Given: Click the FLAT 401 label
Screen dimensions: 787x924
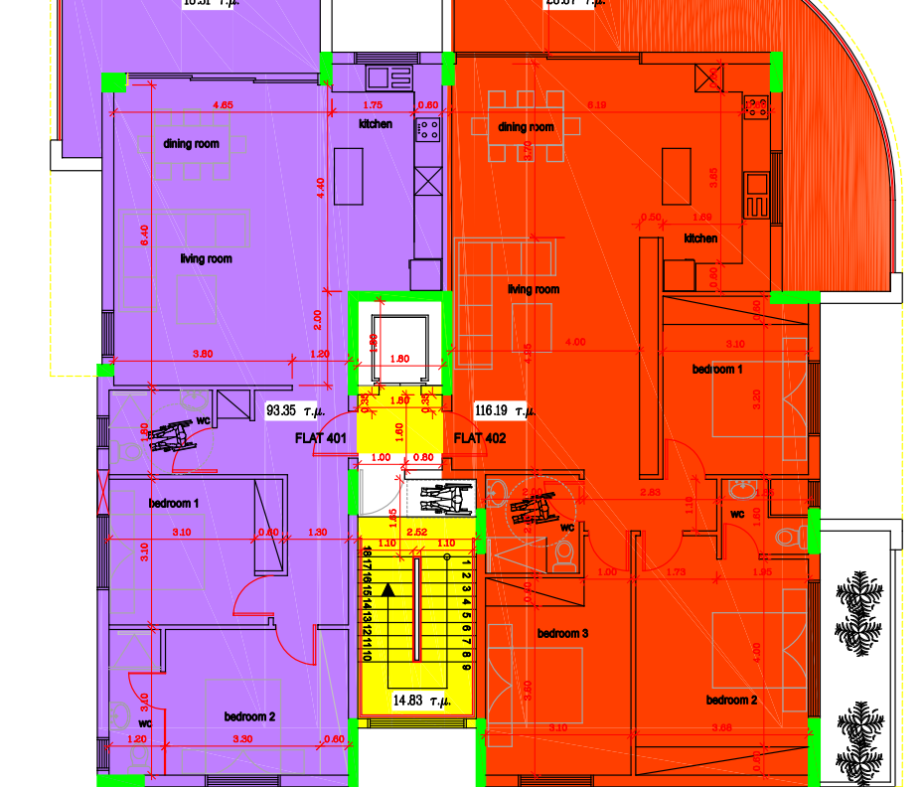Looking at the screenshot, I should pos(321,438).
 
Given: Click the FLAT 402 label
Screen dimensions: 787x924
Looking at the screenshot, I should pos(481,438).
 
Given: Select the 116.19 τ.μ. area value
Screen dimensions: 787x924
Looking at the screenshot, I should pos(507,409).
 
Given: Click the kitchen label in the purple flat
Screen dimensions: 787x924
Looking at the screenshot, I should pos(376,125).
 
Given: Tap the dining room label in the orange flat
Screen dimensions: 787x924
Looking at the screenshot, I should pos(526,127).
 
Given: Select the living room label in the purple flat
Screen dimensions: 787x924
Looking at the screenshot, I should pos(206,259).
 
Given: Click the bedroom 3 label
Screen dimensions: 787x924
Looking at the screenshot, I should pos(563,633).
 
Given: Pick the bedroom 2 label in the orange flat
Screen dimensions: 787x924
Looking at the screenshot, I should pos(732,701).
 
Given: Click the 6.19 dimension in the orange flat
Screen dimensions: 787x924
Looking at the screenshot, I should pos(596,104).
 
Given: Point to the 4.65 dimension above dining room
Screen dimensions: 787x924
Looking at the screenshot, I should pos(223,104).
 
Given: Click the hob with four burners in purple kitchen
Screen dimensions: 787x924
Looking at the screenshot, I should pos(428,128).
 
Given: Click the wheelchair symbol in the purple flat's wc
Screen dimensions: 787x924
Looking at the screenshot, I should pos(170,434).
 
